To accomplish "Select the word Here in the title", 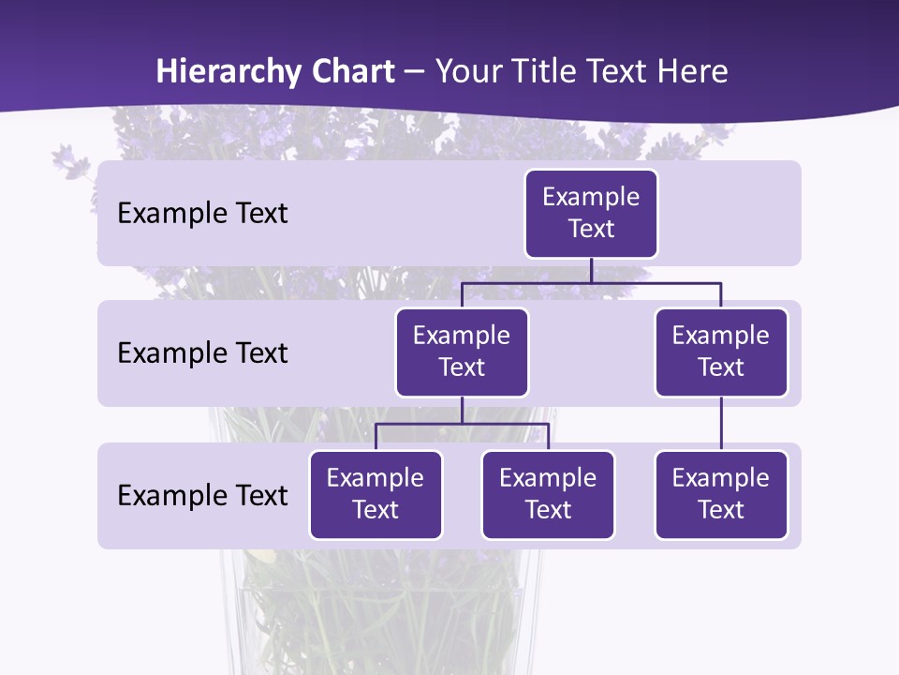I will [x=693, y=71].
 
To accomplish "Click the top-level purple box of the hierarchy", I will [x=591, y=214].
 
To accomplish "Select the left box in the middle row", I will [x=462, y=352].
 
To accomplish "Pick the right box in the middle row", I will [x=721, y=352].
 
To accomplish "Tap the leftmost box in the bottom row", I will [x=376, y=495].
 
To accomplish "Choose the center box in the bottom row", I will [x=548, y=495].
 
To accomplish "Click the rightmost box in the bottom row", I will [x=721, y=495].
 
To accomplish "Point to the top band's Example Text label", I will [x=202, y=214].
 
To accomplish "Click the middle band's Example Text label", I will [x=202, y=353].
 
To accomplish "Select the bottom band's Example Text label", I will [x=202, y=496].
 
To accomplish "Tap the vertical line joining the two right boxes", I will [x=721, y=424].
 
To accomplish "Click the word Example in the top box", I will [x=591, y=198].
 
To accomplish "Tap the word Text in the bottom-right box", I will [x=721, y=510].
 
